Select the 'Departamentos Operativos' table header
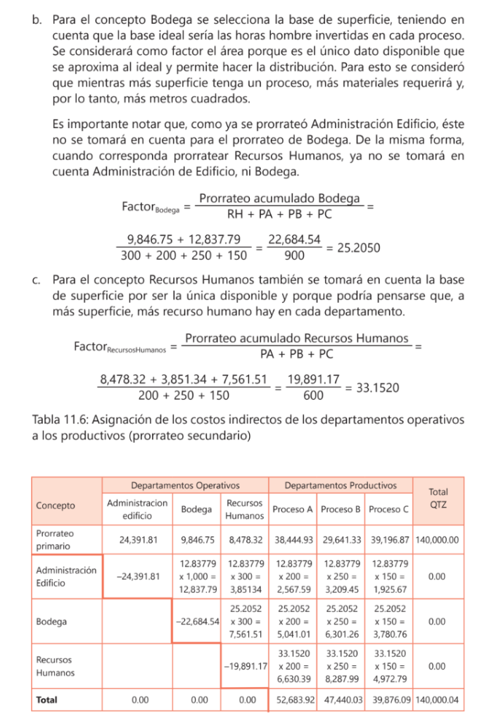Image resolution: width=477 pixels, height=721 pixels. click(x=186, y=485)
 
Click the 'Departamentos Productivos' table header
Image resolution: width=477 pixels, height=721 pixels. click(x=341, y=485)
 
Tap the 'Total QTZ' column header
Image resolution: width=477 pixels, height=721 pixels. click(x=438, y=499)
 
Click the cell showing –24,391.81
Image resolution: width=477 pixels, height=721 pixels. click(x=137, y=576)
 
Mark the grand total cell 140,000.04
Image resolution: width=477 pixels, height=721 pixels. click(x=438, y=700)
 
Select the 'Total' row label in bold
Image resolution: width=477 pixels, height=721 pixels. click(x=47, y=700)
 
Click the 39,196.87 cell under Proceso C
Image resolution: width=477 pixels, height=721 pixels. click(x=388, y=540)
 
